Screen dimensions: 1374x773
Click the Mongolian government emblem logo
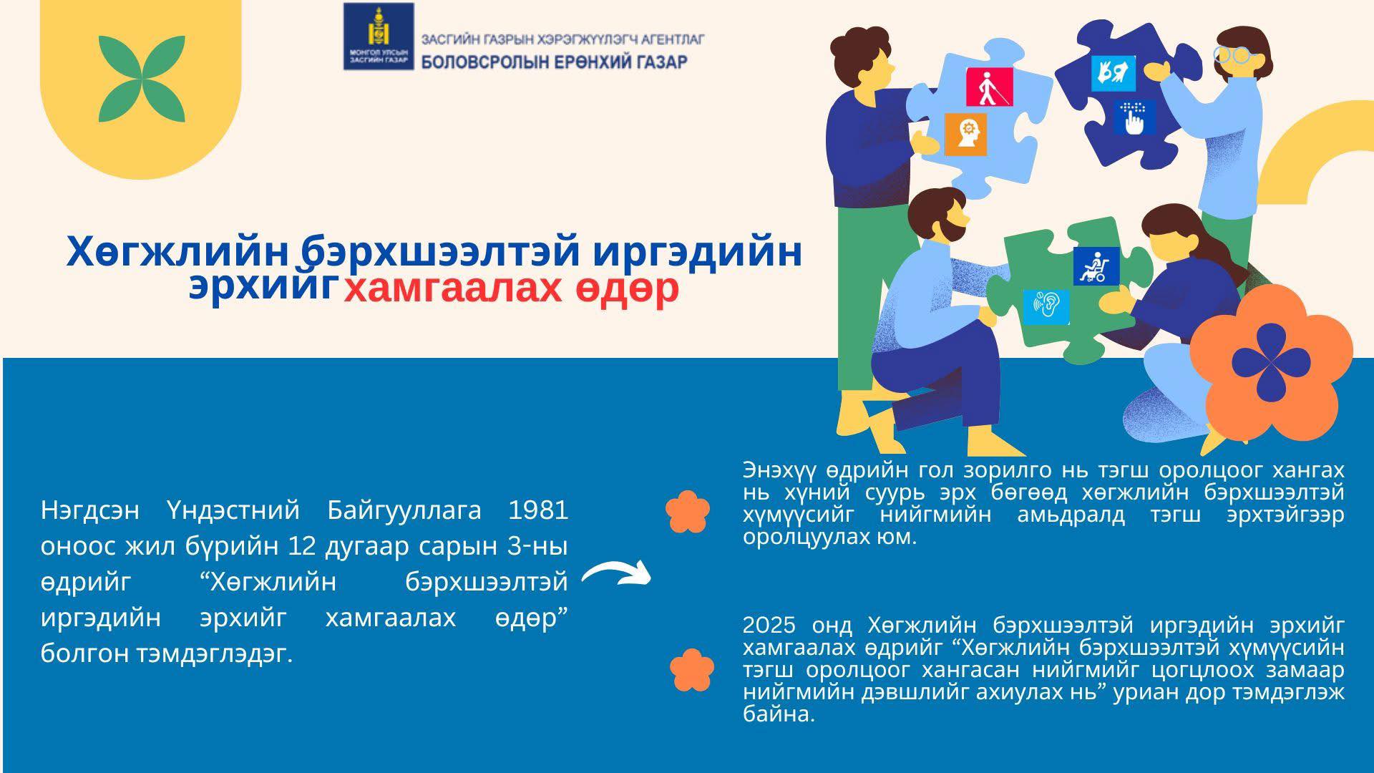click(379, 36)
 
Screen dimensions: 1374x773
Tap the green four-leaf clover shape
click(142, 78)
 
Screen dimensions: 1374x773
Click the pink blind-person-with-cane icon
click(990, 87)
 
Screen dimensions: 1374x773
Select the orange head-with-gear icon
click(965, 134)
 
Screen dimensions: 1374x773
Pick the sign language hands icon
click(1114, 73)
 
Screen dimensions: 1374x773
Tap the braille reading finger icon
click(1134, 117)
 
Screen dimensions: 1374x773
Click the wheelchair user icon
click(1096, 266)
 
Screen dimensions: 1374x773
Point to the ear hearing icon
click(1046, 306)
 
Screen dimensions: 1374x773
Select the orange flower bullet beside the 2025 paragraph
click(692, 670)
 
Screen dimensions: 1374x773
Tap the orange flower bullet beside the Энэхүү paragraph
click(688, 511)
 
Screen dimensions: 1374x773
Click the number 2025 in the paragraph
click(769, 626)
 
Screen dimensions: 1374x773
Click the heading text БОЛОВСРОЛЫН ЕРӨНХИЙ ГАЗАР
click(555, 62)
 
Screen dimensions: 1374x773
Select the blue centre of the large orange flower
click(1270, 361)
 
